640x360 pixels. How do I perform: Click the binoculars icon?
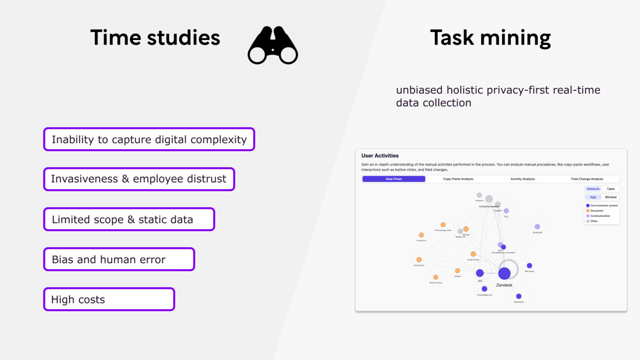pyautogui.click(x=272, y=45)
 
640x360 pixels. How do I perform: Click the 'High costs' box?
pyautogui.click(x=109, y=299)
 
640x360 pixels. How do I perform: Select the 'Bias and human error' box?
pyautogui.click(x=119, y=259)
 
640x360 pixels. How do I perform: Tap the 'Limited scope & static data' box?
pyautogui.click(x=129, y=219)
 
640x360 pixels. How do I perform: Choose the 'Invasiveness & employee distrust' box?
pyautogui.click(x=139, y=179)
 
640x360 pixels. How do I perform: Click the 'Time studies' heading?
pyautogui.click(x=155, y=37)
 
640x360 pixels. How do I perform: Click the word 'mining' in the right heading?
pyautogui.click(x=515, y=38)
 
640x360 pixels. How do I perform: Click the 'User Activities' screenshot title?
pyautogui.click(x=380, y=156)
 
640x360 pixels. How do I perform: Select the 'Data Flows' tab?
pyautogui.click(x=394, y=179)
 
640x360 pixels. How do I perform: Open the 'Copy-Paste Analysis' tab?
pyautogui.click(x=458, y=179)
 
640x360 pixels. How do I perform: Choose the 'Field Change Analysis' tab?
pyautogui.click(x=587, y=179)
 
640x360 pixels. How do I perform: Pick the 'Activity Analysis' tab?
pyautogui.click(x=522, y=179)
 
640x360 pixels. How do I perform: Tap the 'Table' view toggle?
pyautogui.click(x=611, y=189)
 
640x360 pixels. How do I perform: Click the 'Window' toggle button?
pyautogui.click(x=611, y=197)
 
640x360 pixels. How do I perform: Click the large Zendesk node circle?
pyautogui.click(x=505, y=273)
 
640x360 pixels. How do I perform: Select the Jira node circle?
pyautogui.click(x=480, y=273)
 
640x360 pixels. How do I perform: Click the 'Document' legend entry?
pyautogui.click(x=597, y=211)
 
